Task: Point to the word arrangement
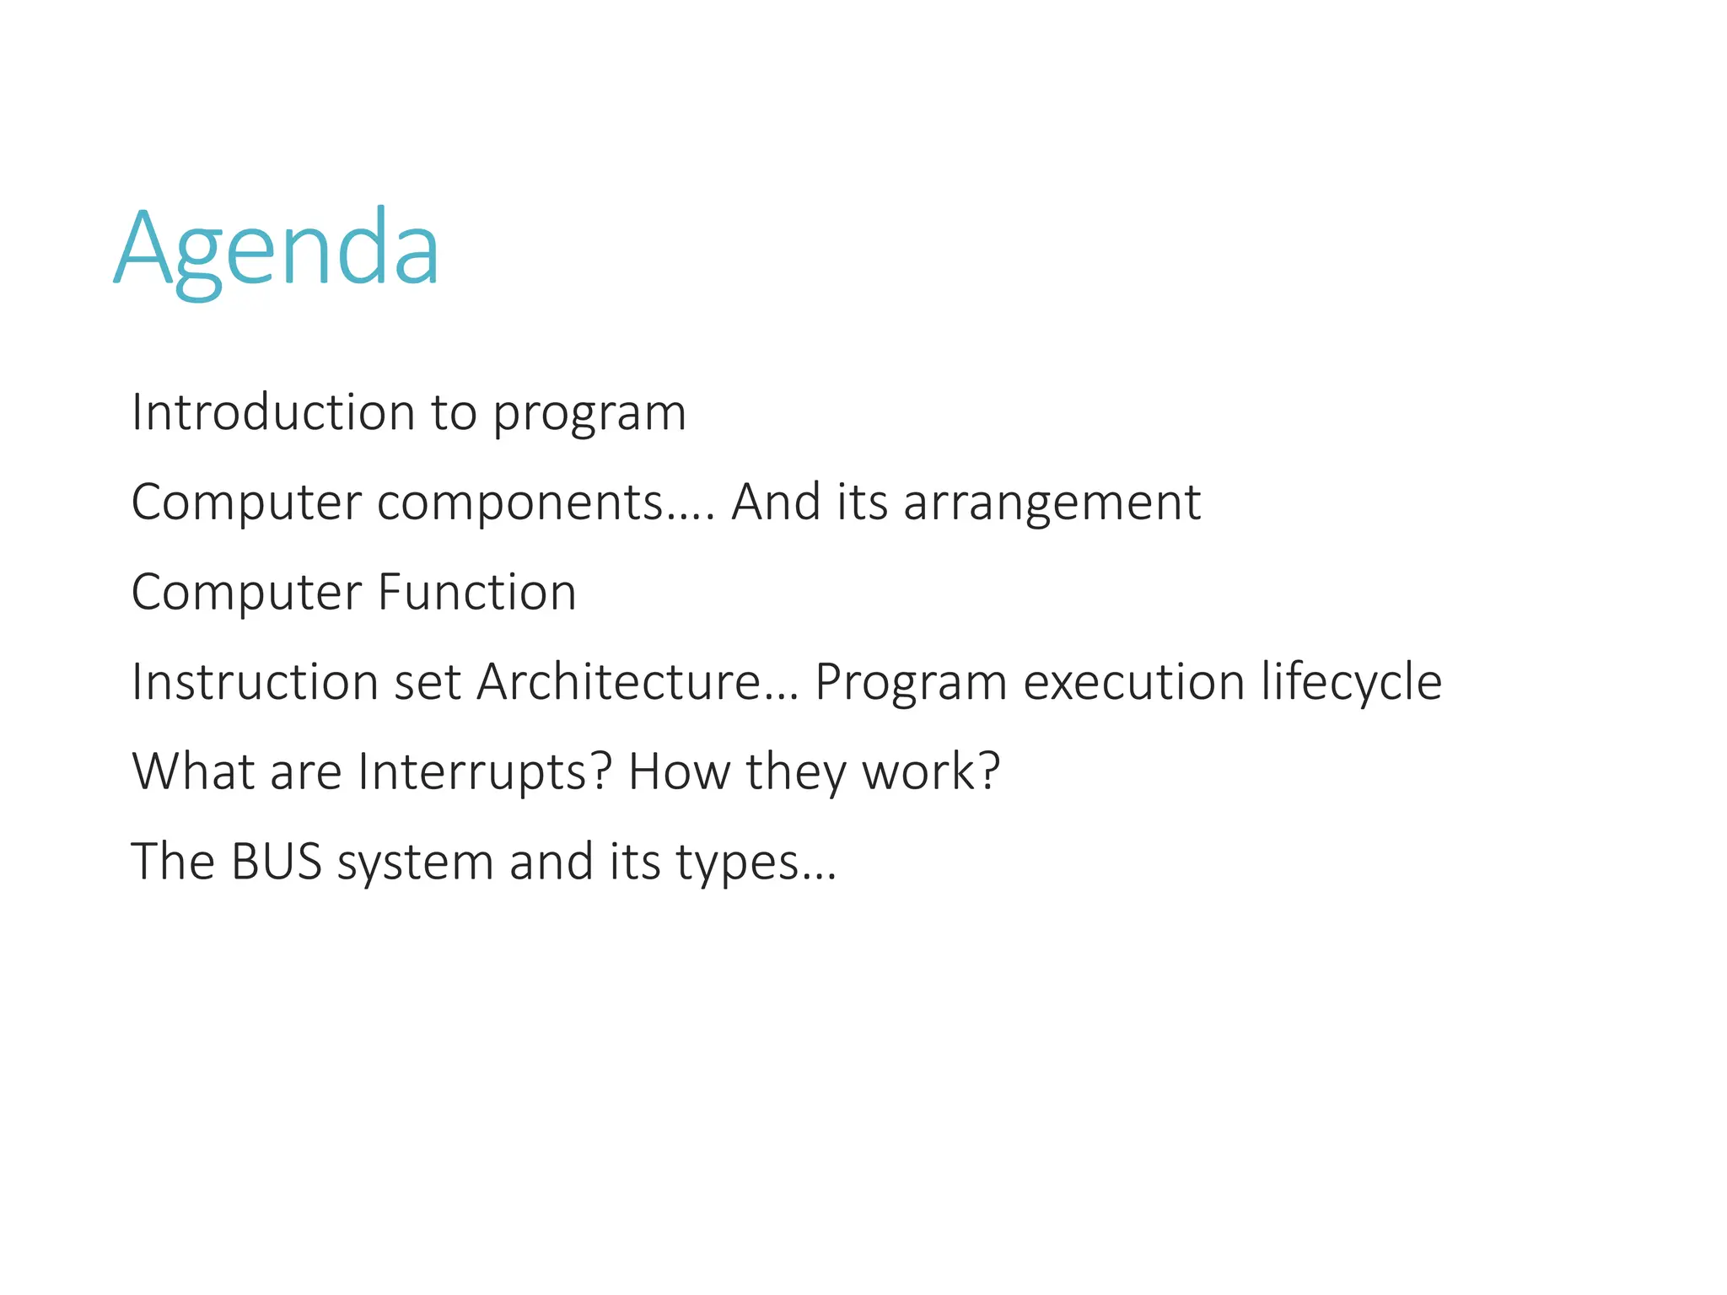click(x=1052, y=504)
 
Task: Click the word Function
click(x=476, y=592)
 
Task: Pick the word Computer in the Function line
click(x=246, y=594)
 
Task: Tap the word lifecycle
click(x=1351, y=683)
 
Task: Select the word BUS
click(x=276, y=862)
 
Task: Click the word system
click(x=415, y=863)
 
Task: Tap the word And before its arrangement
click(x=776, y=502)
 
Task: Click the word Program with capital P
click(x=911, y=683)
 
